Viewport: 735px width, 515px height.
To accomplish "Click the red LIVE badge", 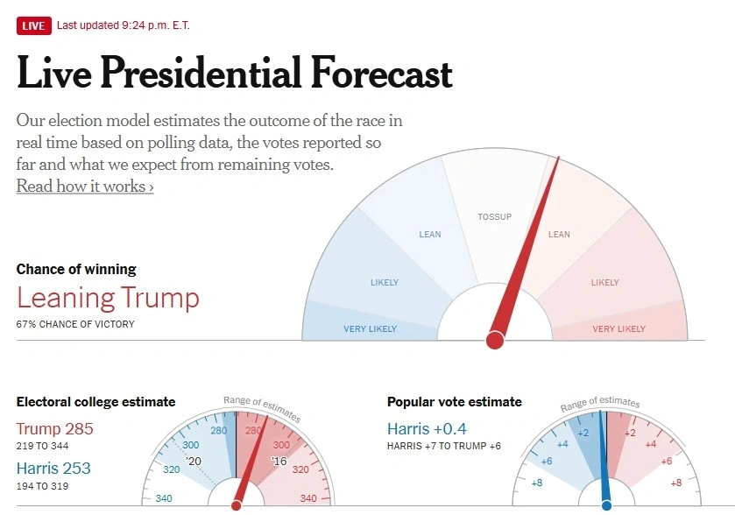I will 33,25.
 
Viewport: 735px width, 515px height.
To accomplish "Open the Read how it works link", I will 85,187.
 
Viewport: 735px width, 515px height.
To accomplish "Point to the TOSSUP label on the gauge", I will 494,216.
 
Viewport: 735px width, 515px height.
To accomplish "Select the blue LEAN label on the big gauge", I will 430,234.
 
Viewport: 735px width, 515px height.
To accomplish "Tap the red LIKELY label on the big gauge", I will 604,283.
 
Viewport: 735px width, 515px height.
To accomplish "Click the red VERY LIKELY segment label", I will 618,329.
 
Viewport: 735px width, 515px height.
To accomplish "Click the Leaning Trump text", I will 108,298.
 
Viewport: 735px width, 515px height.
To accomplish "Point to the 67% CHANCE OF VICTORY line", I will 75,324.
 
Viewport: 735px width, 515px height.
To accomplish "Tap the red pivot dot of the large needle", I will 495,340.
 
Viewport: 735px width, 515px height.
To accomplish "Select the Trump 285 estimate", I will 54,429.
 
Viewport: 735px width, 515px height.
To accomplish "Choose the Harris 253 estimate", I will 53,469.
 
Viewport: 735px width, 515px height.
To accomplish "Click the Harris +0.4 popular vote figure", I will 427,429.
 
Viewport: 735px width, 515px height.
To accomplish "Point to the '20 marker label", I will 194,462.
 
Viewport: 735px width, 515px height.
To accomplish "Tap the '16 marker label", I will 279,462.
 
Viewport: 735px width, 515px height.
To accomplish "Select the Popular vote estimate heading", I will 454,402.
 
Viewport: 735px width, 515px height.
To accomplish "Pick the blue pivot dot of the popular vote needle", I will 606,505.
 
